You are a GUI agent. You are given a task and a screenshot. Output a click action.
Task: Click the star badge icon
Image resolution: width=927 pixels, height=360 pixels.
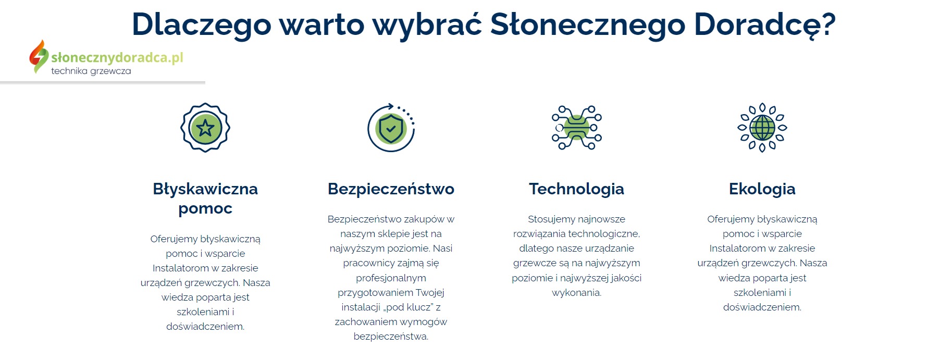click(205, 128)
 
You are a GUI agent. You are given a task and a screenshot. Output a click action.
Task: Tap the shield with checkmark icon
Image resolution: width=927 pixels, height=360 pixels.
click(391, 128)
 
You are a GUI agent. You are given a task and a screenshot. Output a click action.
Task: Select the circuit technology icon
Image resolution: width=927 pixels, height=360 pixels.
click(576, 128)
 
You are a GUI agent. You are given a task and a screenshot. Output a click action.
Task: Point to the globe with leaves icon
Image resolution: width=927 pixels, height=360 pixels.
click(762, 128)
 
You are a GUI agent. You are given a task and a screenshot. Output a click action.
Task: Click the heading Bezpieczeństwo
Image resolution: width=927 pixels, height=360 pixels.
click(391, 189)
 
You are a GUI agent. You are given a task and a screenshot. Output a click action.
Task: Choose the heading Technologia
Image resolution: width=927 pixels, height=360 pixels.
click(576, 189)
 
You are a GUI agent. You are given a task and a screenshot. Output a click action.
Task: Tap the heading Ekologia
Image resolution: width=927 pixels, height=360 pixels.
click(762, 189)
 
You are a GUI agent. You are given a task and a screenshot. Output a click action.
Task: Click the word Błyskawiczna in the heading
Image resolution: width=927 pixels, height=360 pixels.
click(205, 189)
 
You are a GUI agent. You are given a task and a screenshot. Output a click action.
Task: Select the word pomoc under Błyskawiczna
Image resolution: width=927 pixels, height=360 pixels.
click(205, 208)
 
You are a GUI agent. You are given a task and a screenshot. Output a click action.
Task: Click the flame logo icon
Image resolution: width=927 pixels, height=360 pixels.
click(38, 56)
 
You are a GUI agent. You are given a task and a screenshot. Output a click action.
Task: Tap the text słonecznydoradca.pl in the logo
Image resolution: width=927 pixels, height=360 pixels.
click(117, 57)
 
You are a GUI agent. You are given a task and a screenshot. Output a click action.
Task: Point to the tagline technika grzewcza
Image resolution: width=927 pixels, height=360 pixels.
click(91, 71)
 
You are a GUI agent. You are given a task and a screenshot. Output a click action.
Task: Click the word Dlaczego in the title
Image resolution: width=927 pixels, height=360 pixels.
click(201, 24)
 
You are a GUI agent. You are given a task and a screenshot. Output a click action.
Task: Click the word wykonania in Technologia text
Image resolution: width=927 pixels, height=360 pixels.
click(576, 293)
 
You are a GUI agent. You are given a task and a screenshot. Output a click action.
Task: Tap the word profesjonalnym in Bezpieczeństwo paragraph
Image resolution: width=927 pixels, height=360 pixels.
click(391, 278)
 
